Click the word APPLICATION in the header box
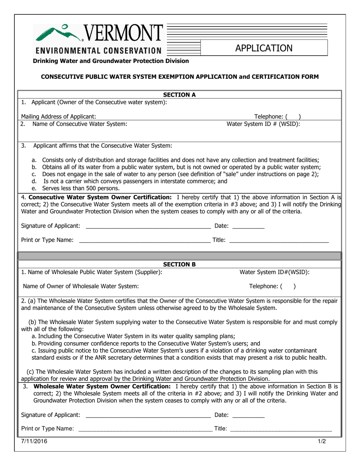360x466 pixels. (x=264, y=48)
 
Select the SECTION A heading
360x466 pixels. (x=179, y=95)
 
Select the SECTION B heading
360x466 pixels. (x=179, y=264)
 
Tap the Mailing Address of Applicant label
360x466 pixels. (x=58, y=117)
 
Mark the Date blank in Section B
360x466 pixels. (x=248, y=416)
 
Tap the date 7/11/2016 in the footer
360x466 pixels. (x=34, y=441)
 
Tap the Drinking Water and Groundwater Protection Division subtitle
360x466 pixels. (x=111, y=61)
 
